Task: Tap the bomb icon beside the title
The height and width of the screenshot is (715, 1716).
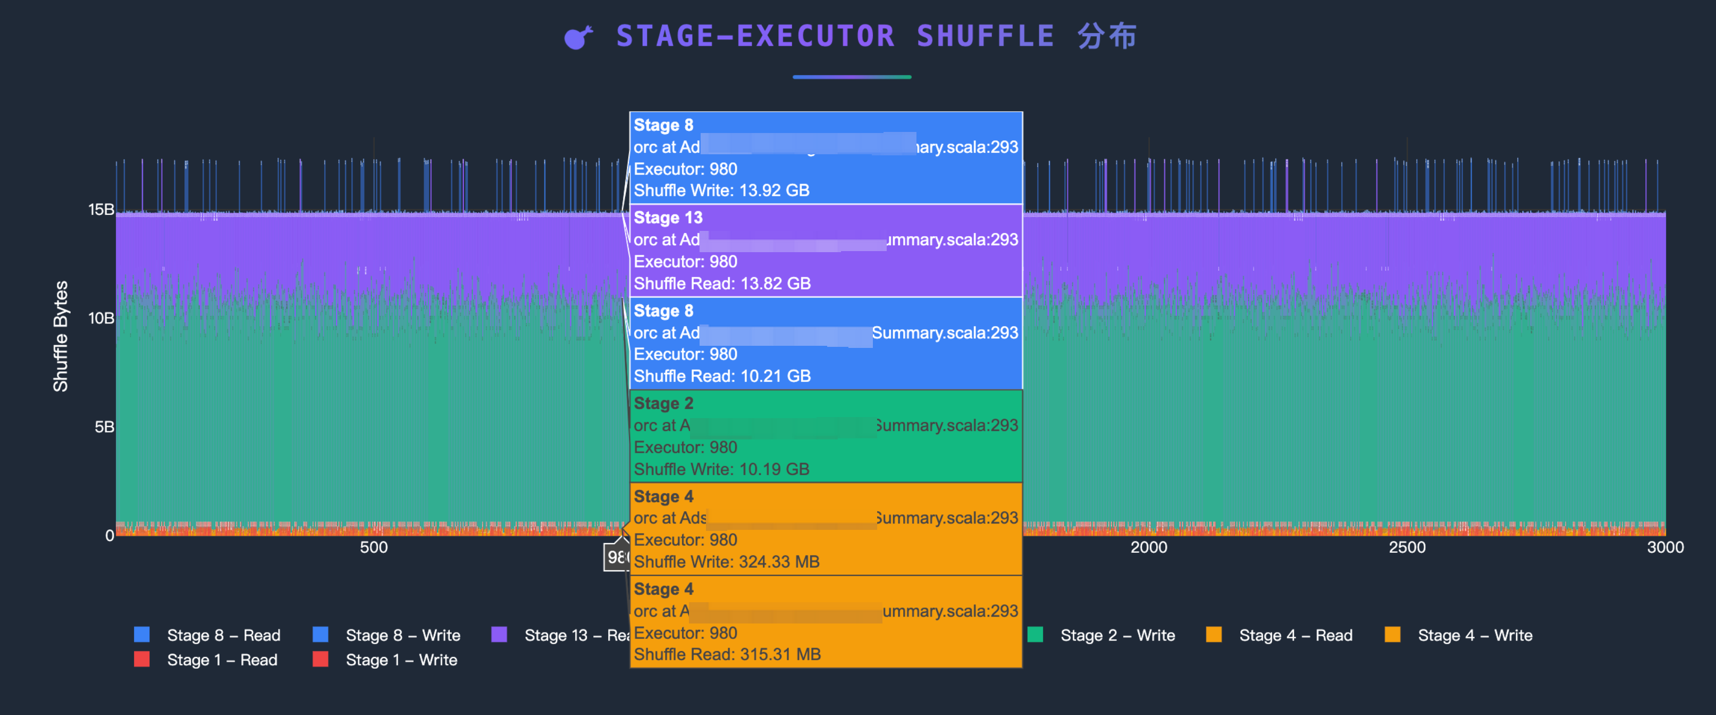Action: tap(577, 37)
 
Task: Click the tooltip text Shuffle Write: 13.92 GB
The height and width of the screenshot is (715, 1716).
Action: tap(721, 190)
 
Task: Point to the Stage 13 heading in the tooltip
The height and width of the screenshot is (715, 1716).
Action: tap(668, 218)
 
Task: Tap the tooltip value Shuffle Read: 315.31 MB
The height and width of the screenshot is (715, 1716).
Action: tap(727, 654)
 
